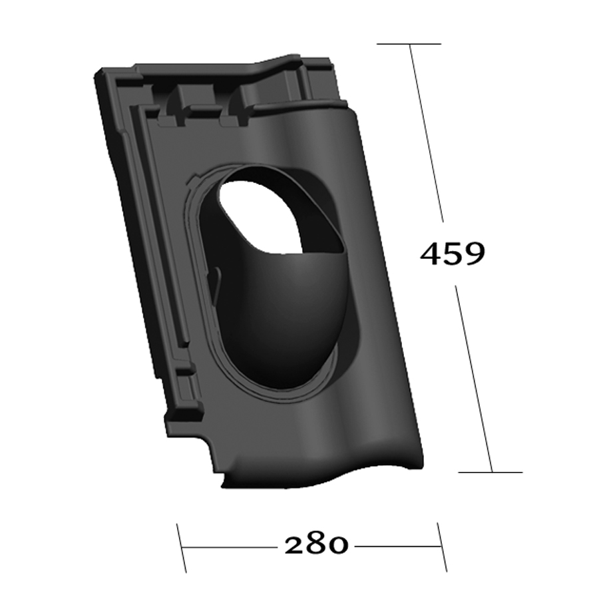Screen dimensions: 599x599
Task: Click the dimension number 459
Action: tap(453, 254)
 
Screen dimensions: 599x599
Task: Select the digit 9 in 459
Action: tap(474, 254)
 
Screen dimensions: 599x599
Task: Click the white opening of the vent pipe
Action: tap(260, 216)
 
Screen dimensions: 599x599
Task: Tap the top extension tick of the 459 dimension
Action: tap(409, 44)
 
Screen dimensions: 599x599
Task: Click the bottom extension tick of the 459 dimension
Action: tap(491, 472)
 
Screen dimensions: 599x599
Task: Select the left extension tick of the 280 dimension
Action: tap(182, 548)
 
